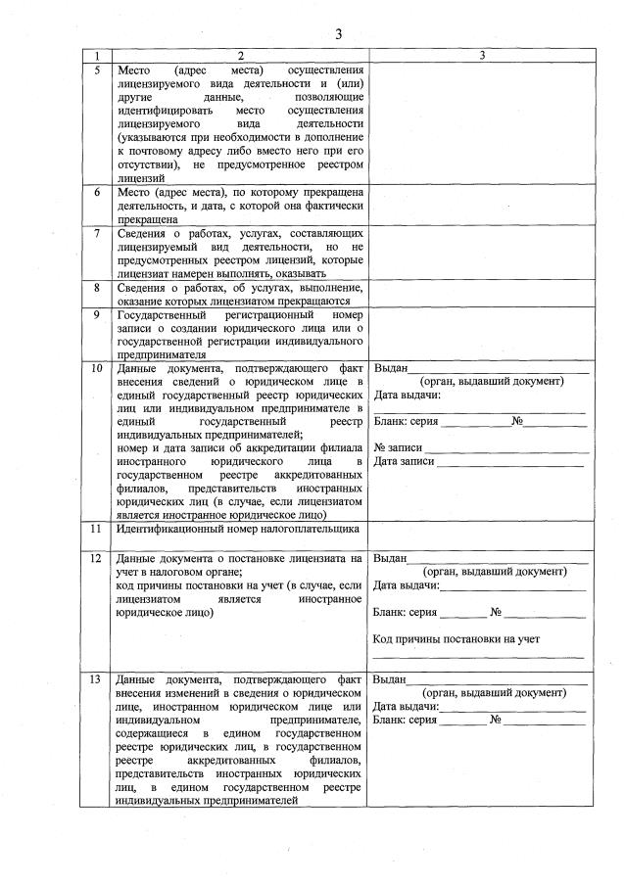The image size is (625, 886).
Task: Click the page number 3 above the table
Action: (x=339, y=34)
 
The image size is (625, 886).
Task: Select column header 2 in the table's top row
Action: (x=239, y=57)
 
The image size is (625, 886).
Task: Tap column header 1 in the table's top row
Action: (x=96, y=57)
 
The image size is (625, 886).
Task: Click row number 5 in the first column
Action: (x=96, y=70)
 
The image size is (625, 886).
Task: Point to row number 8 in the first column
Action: (x=96, y=288)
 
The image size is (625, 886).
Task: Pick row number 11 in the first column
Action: (x=96, y=529)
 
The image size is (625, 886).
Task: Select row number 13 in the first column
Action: (x=96, y=678)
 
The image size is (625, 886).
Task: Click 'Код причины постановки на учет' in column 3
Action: (x=457, y=639)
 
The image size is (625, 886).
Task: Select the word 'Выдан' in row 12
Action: (x=390, y=558)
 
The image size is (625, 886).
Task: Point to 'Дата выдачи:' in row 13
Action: (x=407, y=705)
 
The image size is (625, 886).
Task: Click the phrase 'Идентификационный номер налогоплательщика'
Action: (x=237, y=529)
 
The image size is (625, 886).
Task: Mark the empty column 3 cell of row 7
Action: (x=481, y=255)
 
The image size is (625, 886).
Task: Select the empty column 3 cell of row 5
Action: (x=481, y=124)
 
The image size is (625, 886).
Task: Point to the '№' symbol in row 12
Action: (x=496, y=612)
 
